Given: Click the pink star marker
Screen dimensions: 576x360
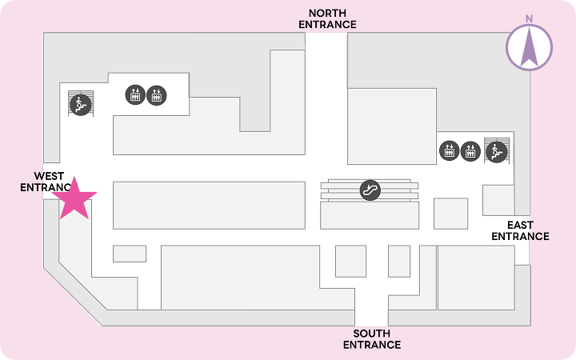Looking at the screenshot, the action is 74,199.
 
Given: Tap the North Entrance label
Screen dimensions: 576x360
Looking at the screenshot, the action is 327,18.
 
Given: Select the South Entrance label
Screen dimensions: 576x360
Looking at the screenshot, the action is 372,339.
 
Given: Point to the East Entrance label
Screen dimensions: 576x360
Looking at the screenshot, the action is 520,230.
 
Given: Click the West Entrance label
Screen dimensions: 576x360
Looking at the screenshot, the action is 46,182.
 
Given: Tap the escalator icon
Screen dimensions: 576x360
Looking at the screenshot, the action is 370,190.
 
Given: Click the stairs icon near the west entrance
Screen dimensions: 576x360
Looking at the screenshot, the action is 81,105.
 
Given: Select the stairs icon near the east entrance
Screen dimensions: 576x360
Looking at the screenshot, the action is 496,152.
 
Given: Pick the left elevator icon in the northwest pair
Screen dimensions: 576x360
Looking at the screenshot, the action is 135,94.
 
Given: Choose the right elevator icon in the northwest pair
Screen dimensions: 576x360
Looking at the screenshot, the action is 157,95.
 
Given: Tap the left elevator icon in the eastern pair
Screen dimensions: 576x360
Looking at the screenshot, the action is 450,150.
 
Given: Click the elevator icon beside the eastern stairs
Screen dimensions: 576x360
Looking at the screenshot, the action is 470,151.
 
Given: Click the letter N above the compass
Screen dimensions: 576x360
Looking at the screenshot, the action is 529,18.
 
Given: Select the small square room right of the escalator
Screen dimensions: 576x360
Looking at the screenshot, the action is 450,214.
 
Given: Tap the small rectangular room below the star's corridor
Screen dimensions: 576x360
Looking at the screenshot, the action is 130,254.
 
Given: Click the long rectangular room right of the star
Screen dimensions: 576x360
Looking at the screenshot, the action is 209,206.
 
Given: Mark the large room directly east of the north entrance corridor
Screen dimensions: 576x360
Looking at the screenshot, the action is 392,126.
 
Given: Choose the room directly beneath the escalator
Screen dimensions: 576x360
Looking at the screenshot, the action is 370,215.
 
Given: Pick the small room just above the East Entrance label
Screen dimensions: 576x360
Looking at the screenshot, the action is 498,200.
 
